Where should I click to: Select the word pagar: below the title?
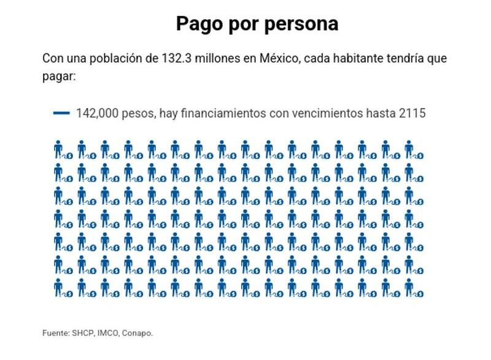58,77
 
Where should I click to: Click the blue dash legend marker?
61,113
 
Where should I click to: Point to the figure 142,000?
97,113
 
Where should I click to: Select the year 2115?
411,113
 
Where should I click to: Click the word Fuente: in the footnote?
55,333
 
